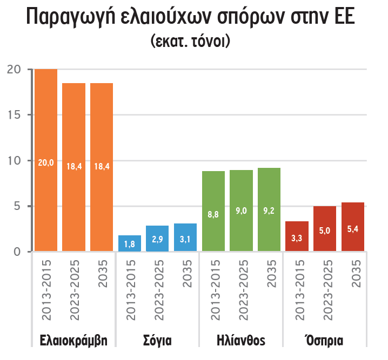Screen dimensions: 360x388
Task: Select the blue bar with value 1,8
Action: (130, 243)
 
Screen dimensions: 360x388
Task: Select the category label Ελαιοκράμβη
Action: (73, 341)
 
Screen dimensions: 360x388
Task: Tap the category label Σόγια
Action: (157, 341)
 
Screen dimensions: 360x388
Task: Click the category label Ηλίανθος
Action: (240, 341)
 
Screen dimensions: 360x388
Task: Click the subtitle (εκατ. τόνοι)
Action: (190, 42)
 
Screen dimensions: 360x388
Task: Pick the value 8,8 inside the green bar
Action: (213, 214)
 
